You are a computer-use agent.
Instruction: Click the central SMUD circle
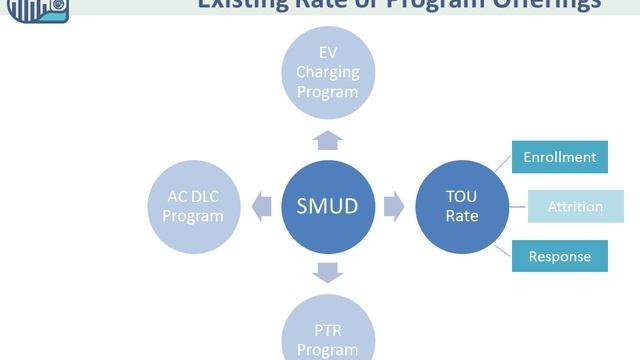pyautogui.click(x=327, y=207)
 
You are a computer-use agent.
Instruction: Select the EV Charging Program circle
pyautogui.click(x=327, y=71)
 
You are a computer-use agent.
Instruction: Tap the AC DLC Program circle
pyautogui.click(x=193, y=207)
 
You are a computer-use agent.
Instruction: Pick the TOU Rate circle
pyautogui.click(x=462, y=207)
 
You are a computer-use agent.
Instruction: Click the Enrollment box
pyautogui.click(x=559, y=157)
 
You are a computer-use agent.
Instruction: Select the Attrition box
pyautogui.click(x=575, y=207)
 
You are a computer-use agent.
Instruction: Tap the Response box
pyautogui.click(x=559, y=256)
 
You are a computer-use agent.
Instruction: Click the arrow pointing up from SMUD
pyautogui.click(x=327, y=139)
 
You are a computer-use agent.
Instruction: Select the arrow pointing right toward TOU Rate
pyautogui.click(x=394, y=207)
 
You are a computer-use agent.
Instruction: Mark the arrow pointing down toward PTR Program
pyautogui.click(x=327, y=272)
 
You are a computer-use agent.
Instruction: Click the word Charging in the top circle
pyautogui.click(x=327, y=72)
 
